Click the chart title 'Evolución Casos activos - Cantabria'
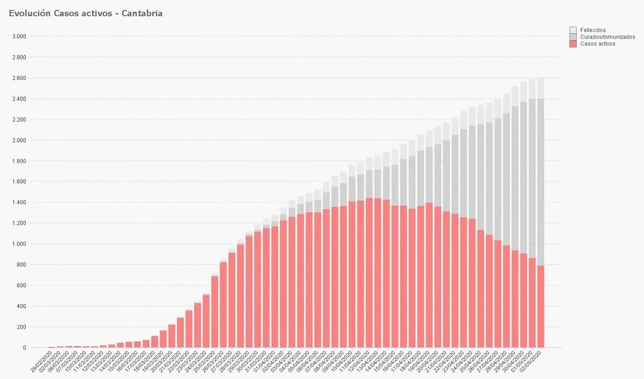86,14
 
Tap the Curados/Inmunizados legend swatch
573,37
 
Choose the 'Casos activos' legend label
597,44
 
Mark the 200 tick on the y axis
22,327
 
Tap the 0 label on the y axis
24,348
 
